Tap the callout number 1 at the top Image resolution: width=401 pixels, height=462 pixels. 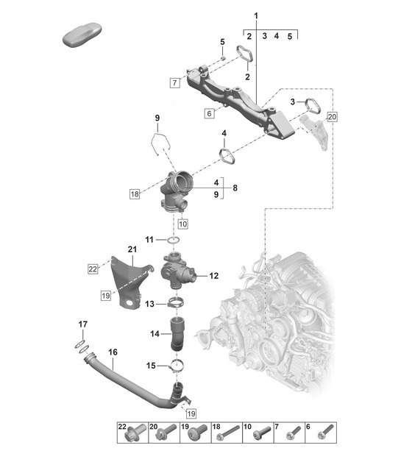click(x=256, y=16)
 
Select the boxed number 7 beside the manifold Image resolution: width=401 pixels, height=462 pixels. click(x=174, y=82)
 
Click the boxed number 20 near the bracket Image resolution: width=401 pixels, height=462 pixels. click(x=331, y=116)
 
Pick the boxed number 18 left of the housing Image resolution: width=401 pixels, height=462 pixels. click(x=134, y=195)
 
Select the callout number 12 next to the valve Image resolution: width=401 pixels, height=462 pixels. click(x=214, y=277)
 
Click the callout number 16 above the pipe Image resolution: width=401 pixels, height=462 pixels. click(x=113, y=353)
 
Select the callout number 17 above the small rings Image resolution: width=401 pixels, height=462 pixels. click(x=82, y=324)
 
